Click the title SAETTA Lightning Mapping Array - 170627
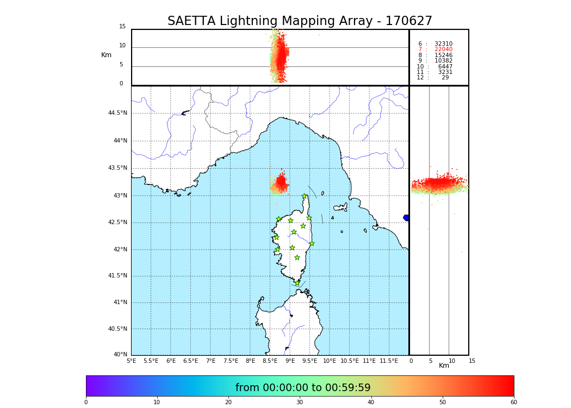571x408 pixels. point(300,21)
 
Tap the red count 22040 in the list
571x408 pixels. point(443,50)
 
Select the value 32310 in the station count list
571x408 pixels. point(443,44)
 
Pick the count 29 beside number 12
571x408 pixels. point(445,78)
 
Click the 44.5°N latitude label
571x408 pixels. point(117,113)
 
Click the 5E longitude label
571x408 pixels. point(132,361)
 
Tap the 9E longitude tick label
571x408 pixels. point(290,361)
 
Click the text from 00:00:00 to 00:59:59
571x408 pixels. point(303,388)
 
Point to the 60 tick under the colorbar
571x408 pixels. point(513,403)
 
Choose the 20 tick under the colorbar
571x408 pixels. point(228,403)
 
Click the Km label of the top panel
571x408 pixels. point(106,55)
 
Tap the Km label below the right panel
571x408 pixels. point(444,366)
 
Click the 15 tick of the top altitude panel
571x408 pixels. point(122,27)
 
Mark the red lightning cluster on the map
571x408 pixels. point(281,183)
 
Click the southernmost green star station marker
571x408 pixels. point(297,283)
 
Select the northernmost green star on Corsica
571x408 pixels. point(305,196)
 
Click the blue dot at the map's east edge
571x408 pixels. point(406,218)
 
